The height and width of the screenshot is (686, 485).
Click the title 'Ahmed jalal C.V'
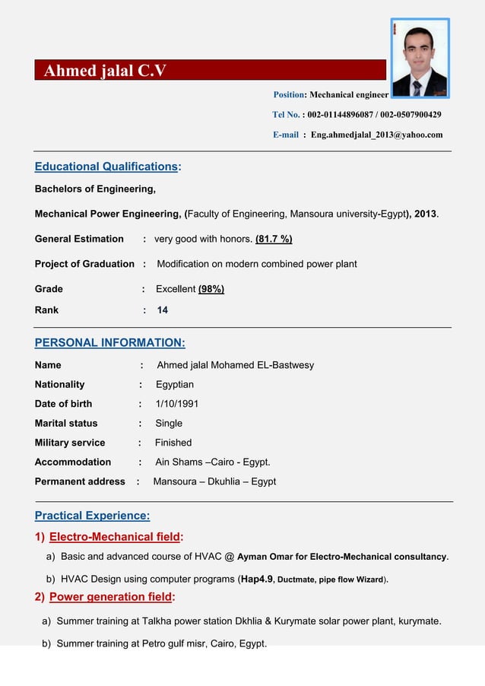coord(105,71)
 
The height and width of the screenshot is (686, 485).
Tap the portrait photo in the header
coord(420,59)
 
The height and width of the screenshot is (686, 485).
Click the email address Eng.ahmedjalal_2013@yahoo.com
coord(376,135)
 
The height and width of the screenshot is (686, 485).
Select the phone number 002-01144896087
coord(345,115)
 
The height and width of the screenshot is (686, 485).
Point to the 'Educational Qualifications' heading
coord(106,167)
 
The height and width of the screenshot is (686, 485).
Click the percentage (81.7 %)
coord(274,239)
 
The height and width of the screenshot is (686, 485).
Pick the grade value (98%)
coord(211,289)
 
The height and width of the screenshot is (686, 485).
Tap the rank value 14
coord(163,310)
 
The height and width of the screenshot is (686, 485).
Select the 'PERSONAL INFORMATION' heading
coord(109,342)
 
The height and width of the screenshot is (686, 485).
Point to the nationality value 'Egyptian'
coord(175,385)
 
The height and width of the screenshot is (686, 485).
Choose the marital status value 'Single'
coord(169,423)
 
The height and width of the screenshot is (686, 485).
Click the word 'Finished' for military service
coord(173,443)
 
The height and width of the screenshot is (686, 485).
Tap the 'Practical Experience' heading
coord(92,516)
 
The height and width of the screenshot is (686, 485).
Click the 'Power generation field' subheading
coord(111,597)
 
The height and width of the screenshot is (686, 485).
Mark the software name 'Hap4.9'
coord(257,579)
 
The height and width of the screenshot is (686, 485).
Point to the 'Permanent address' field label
coord(80,481)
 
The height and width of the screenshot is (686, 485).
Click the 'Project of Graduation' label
coord(84,264)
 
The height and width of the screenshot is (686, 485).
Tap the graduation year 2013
coord(425,214)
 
